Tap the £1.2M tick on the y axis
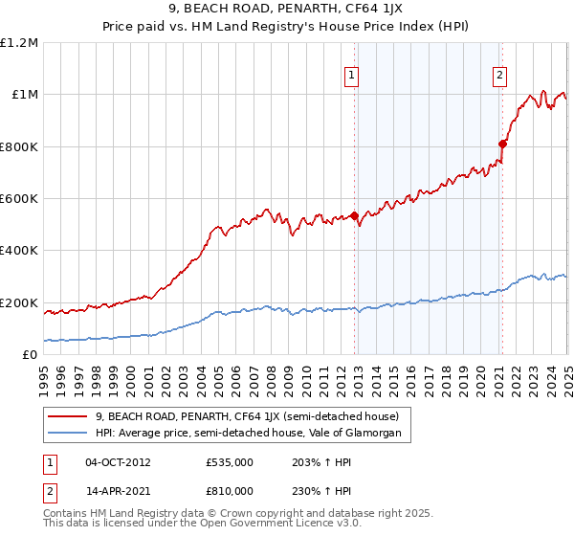pos(19,43)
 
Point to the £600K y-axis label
pos(19,199)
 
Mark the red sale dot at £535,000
pos(354,215)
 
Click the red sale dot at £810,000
pos(502,145)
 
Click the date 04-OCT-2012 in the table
pos(118,462)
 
